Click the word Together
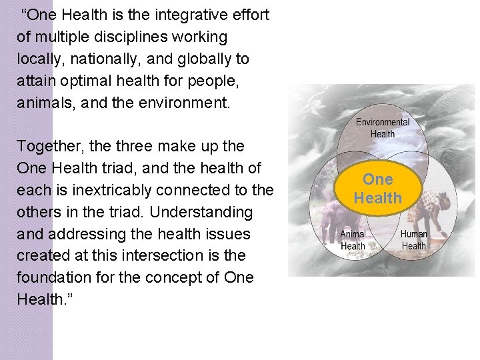[x=47, y=146]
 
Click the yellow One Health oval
[x=378, y=189]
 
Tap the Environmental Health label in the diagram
[x=382, y=128]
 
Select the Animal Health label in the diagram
[x=353, y=240]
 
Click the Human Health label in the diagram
[x=413, y=240]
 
